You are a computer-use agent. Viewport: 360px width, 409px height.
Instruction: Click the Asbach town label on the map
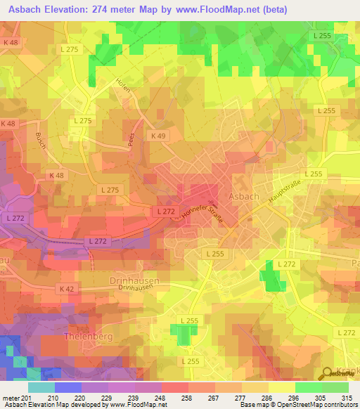245,195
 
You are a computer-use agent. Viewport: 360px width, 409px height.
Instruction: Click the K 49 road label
158,134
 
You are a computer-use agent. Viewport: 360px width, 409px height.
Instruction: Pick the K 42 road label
67,289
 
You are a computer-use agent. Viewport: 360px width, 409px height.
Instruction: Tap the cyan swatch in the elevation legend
41,387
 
